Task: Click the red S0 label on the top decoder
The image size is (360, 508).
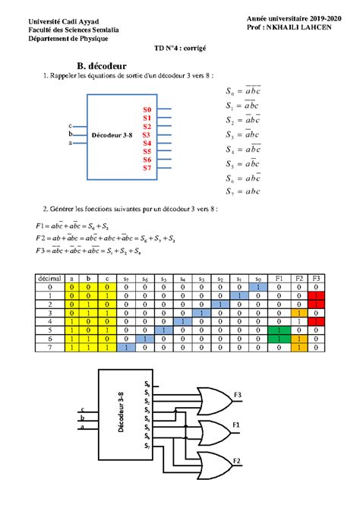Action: point(147,110)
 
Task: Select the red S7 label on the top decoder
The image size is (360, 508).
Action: point(147,168)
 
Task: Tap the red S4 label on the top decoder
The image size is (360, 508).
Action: point(147,143)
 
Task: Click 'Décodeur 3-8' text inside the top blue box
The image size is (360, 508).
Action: point(112,134)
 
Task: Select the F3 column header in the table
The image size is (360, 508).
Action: point(317,279)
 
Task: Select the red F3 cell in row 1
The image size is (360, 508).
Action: point(317,296)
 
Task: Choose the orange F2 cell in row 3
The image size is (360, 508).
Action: point(298,313)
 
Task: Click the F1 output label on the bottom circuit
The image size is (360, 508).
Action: point(236,424)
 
